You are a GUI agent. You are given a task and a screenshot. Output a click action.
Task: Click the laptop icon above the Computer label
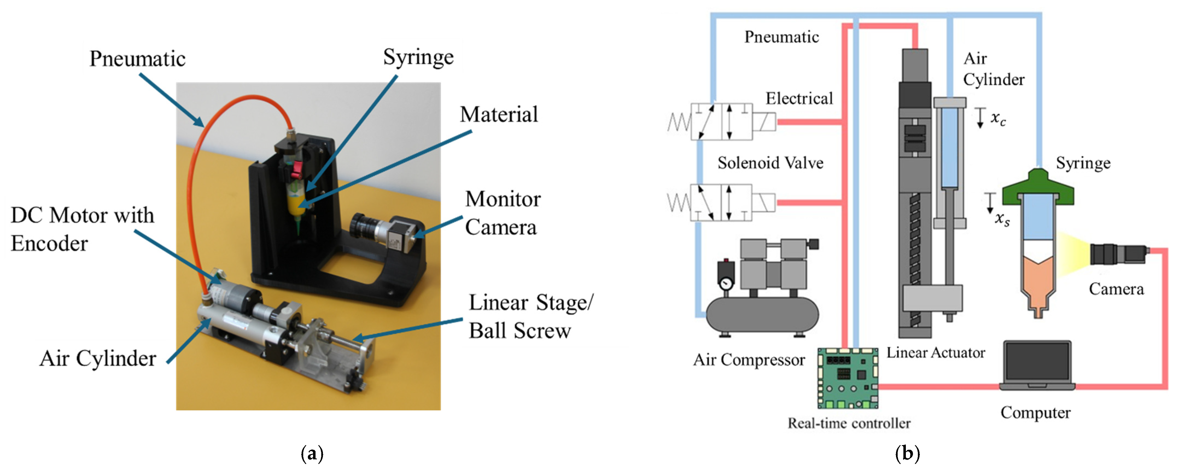1037,366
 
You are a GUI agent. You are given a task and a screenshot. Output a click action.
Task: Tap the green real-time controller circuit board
848,378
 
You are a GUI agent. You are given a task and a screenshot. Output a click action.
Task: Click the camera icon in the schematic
1119,254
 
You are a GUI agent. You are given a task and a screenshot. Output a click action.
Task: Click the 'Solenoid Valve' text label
771,163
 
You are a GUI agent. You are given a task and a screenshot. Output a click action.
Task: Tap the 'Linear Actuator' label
936,352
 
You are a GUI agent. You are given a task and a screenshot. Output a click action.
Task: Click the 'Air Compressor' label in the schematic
749,359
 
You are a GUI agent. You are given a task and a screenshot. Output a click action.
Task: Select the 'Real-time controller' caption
849,423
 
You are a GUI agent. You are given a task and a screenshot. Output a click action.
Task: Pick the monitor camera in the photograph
386,232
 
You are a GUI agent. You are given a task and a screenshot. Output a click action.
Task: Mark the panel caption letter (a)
312,454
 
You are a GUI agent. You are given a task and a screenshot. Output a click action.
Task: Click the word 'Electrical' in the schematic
799,98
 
